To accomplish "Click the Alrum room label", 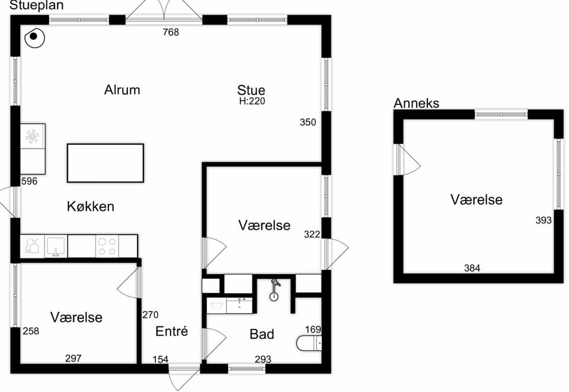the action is pyautogui.click(x=122, y=89).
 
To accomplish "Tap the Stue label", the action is pyautogui.click(x=251, y=90).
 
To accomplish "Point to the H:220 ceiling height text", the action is pyautogui.click(x=252, y=101).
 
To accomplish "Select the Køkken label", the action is pyautogui.click(x=90, y=206).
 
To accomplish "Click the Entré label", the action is pyautogui.click(x=172, y=331).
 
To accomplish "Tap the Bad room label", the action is pyautogui.click(x=261, y=334).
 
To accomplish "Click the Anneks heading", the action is pyautogui.click(x=416, y=104).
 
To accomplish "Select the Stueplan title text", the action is pyautogui.click(x=36, y=5).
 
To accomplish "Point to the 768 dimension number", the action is pyautogui.click(x=171, y=33).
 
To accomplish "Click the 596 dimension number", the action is pyautogui.click(x=29, y=181).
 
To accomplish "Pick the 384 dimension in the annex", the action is pyautogui.click(x=472, y=268).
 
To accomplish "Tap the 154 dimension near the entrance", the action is pyautogui.click(x=160, y=359).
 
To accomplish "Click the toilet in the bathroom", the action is pyautogui.click(x=309, y=343).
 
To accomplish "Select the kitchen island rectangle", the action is pyautogui.click(x=106, y=163).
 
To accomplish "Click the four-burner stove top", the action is pyautogui.click(x=107, y=246).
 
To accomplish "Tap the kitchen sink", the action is pyautogui.click(x=56, y=246).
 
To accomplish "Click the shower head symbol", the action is pyautogui.click(x=274, y=291).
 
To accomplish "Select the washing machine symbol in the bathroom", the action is pyautogui.click(x=216, y=306).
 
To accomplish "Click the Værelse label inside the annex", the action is pyautogui.click(x=476, y=200).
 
